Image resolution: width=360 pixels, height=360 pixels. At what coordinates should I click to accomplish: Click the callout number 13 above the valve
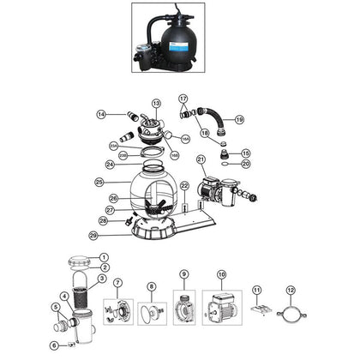[156, 102]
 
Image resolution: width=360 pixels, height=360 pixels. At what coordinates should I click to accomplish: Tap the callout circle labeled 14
[101, 115]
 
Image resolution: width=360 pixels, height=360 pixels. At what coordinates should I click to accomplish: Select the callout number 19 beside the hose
[239, 119]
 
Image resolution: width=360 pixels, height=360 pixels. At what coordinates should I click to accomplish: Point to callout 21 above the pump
[201, 159]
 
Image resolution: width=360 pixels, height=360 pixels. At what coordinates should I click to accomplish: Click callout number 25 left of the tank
[99, 183]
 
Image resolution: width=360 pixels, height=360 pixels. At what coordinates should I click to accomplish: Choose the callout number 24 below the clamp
[110, 165]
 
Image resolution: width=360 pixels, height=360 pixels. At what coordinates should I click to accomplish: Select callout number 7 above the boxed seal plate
[117, 283]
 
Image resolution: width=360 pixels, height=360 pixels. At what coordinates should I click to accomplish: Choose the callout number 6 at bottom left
[54, 345]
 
